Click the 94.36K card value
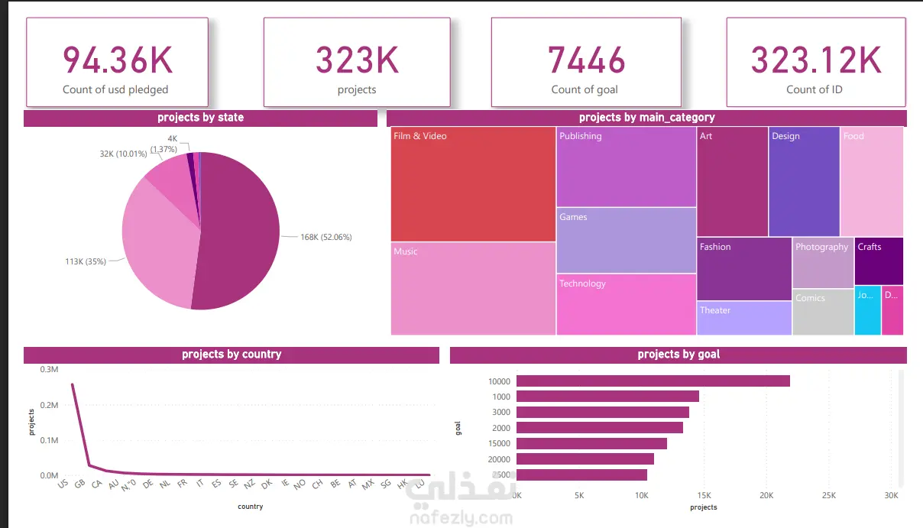click(117, 60)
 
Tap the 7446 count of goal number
click(585, 60)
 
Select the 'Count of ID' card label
click(814, 89)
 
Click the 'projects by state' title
click(200, 118)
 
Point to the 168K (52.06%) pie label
click(326, 237)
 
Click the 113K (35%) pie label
click(85, 261)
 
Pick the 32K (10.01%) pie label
click(122, 154)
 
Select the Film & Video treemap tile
click(473, 183)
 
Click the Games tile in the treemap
click(626, 240)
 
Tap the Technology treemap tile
click(626, 304)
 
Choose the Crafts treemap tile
click(879, 261)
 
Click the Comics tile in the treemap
click(822, 312)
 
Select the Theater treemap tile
click(743, 318)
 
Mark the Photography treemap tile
click(822, 262)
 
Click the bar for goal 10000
click(653, 381)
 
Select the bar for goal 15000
click(591, 443)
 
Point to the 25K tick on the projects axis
click(828, 496)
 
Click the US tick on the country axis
click(63, 484)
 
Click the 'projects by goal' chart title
click(678, 355)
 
